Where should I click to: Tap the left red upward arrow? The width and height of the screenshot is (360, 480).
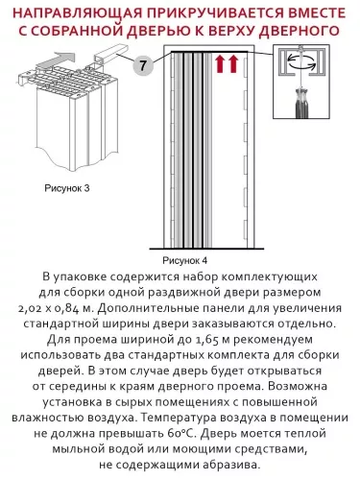click(220, 66)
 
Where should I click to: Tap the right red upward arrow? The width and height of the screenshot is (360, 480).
click(233, 66)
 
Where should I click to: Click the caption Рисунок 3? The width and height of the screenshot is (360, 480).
click(66, 189)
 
